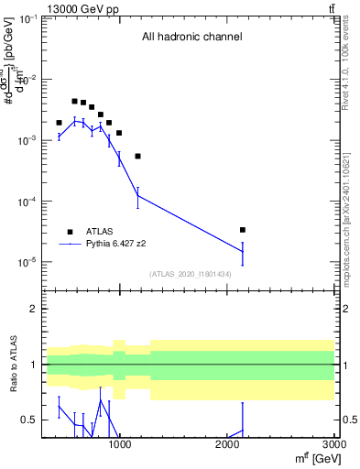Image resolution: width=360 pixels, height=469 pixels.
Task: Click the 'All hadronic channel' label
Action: coord(191,38)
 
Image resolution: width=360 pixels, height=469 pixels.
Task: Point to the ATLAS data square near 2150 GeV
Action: coord(242,230)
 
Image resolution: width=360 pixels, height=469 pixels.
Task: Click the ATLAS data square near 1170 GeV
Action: coord(137,156)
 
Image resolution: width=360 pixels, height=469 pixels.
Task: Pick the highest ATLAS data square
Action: coord(74,101)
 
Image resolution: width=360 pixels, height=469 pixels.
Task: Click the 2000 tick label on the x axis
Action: coord(227,444)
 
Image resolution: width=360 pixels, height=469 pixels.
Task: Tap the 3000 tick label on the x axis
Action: coord(333,444)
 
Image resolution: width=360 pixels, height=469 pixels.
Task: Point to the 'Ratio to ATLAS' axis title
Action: coord(14,365)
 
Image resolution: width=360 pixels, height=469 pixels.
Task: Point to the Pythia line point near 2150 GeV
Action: coord(242,251)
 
